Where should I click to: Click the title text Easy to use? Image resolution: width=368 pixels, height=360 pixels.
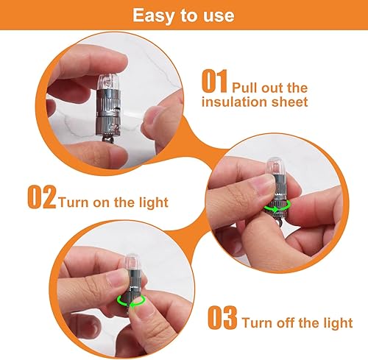click(183, 15)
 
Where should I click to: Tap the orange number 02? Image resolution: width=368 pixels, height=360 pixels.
click(41, 198)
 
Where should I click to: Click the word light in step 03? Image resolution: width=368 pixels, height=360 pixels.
click(336, 323)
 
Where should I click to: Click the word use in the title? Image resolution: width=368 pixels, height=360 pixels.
click(219, 15)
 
